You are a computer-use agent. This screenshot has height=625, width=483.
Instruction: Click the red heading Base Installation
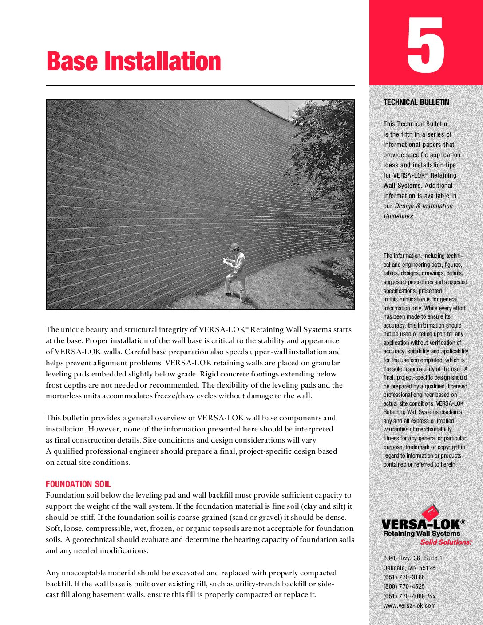tap(134, 62)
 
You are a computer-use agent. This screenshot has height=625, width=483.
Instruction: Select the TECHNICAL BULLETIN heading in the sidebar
tap(416, 102)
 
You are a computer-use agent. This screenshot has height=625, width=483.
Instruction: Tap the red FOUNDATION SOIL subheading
tap(78, 484)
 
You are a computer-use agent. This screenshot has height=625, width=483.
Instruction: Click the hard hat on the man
tap(235, 246)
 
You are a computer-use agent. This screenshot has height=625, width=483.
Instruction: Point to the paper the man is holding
tap(227, 262)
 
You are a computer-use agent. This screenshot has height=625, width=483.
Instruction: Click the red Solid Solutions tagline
tap(445, 542)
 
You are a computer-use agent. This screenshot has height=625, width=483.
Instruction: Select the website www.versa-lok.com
tap(409, 605)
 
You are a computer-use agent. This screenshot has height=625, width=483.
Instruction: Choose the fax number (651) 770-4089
tap(404, 596)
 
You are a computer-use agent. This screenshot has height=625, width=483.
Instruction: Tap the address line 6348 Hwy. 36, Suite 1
tap(413, 558)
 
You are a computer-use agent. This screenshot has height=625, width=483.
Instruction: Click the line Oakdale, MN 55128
tap(409, 568)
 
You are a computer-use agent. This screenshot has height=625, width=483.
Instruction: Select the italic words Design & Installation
tap(424, 206)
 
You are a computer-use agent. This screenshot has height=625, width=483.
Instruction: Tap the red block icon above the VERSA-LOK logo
tap(430, 512)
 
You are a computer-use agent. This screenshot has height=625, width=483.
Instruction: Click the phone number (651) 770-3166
tap(404, 577)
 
